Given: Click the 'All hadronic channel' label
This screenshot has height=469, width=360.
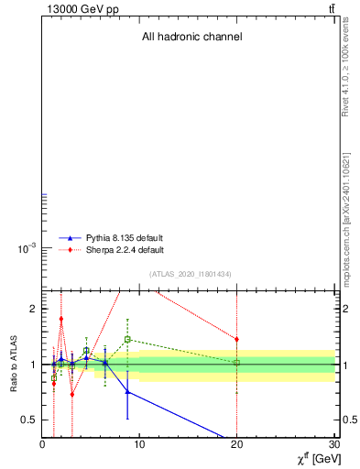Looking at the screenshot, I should pyautogui.click(x=191, y=38).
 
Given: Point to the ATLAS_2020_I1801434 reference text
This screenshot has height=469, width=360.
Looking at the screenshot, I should pyautogui.click(x=191, y=274).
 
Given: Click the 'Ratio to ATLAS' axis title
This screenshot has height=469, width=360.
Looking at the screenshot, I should pyautogui.click(x=14, y=364).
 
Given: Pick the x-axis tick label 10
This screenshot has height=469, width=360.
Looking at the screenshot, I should pyautogui.click(x=139, y=444).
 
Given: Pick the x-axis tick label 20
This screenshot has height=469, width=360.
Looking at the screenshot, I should pyautogui.click(x=236, y=444).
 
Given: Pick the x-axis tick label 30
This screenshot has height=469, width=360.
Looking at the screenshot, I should pyautogui.click(x=332, y=444).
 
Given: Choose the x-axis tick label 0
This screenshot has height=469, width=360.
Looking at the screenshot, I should pyautogui.click(x=42, y=444).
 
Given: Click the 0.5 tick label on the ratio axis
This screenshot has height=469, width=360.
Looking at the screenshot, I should pyautogui.click(x=28, y=420).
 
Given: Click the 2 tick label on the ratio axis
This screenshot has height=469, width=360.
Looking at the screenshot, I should pyautogui.click(x=33, y=309).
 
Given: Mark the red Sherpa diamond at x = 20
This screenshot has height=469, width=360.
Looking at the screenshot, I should pyautogui.click(x=236, y=339).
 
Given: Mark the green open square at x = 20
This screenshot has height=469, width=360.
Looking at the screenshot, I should pyautogui.click(x=236, y=363).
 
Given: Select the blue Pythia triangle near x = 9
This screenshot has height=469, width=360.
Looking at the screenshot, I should pyautogui.click(x=127, y=391).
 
